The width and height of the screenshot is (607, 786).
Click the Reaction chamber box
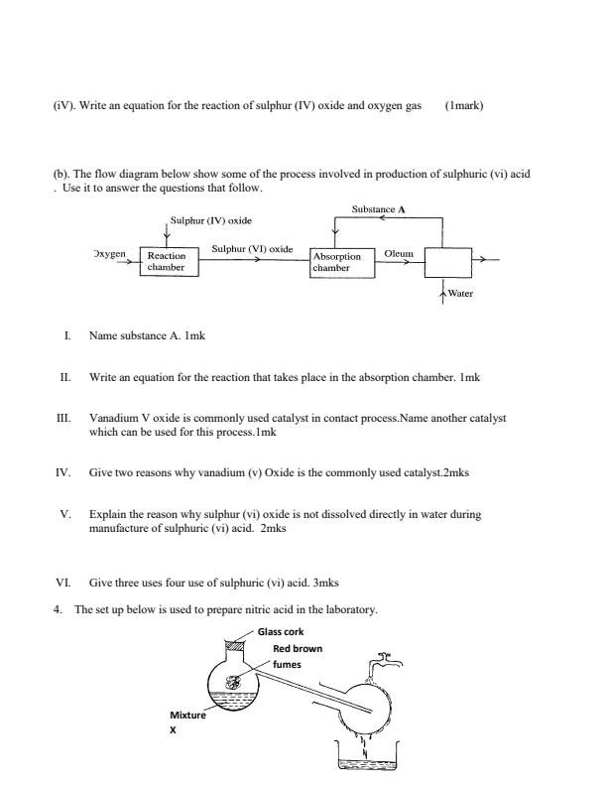pyautogui.click(x=166, y=261)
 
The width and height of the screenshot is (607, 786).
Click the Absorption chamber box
pyautogui.click(x=338, y=261)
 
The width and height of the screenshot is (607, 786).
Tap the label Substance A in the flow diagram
pyautogui.click(x=379, y=209)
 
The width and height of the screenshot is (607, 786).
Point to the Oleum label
pyautogui.click(x=397, y=253)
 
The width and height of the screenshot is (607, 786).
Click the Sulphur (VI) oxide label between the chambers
pyautogui.click(x=252, y=248)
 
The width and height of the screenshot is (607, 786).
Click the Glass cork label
pyautogui.click(x=281, y=631)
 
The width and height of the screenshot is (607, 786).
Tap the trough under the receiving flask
pyautogui.click(x=368, y=761)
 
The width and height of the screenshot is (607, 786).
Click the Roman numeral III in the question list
pyautogui.click(x=65, y=419)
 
